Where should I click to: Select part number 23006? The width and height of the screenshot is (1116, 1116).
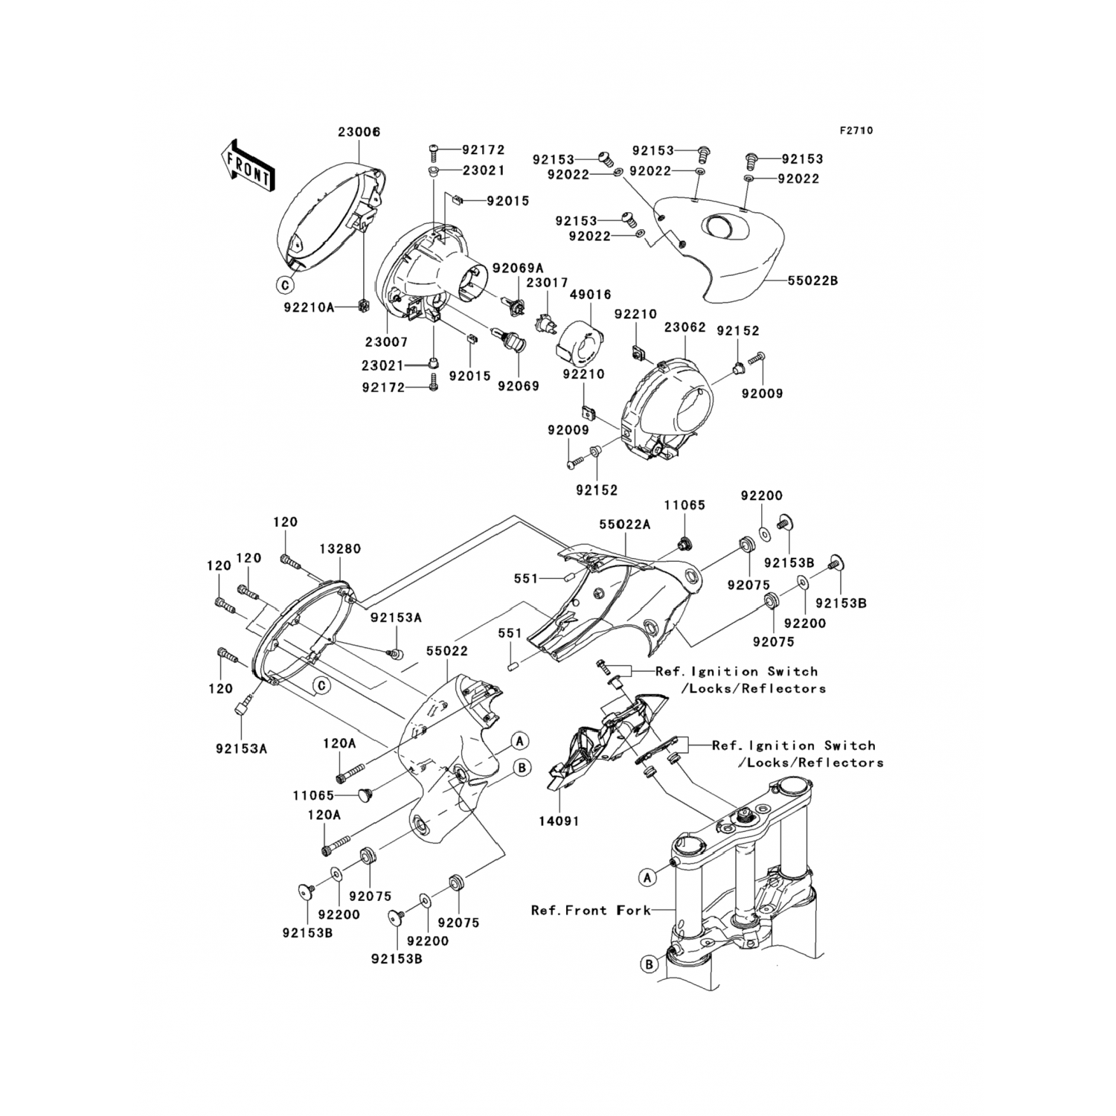coord(359,132)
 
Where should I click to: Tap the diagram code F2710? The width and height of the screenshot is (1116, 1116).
coord(856,130)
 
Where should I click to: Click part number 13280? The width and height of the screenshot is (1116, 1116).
coord(340,549)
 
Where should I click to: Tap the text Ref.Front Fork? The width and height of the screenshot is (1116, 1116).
coord(591,910)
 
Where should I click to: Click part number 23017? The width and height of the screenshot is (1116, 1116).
coord(548,283)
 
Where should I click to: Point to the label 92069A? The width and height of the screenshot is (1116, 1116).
coord(519,268)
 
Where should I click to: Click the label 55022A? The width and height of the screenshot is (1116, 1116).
coord(625,524)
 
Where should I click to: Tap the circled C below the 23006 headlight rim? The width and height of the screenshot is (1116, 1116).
coord(283,283)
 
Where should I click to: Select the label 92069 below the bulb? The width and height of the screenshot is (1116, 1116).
coord(519,386)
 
